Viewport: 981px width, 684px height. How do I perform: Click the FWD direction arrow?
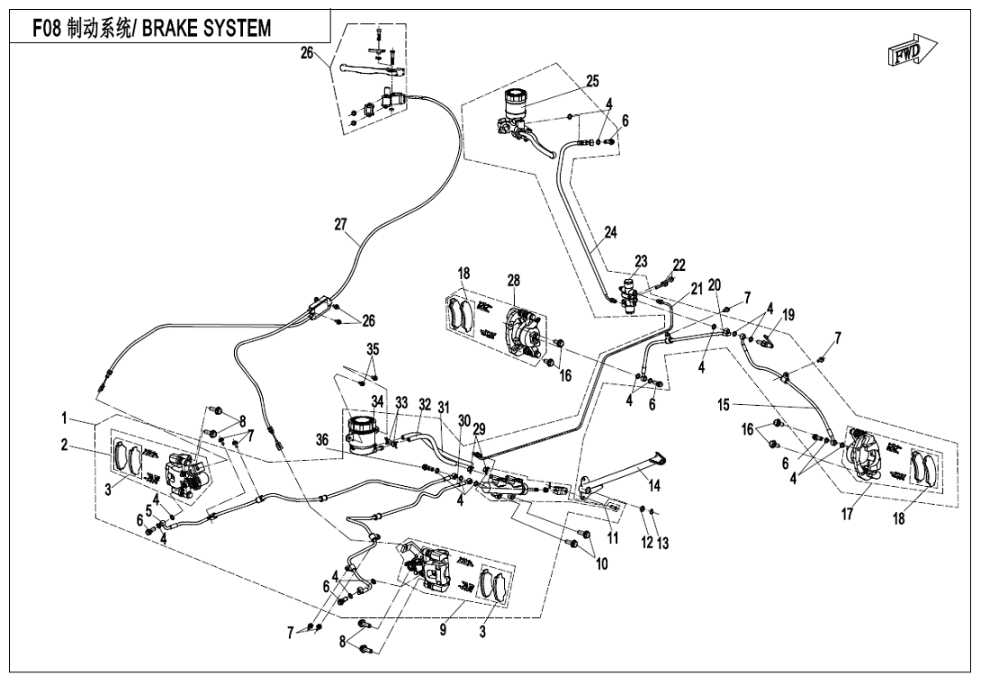click(912, 50)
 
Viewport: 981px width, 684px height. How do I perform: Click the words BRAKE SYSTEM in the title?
click(206, 28)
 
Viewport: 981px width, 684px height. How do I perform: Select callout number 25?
click(592, 81)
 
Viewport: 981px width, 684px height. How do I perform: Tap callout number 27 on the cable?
click(340, 224)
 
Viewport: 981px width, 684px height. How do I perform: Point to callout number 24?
click(610, 232)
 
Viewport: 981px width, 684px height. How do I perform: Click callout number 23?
click(642, 262)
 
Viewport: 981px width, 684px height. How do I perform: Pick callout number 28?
click(514, 281)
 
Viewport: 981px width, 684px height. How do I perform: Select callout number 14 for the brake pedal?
click(654, 486)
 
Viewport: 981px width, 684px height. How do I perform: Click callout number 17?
click(847, 515)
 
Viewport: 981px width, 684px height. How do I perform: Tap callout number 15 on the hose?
click(724, 406)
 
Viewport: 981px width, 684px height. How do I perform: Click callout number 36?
click(321, 440)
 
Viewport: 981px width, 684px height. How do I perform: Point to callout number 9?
click(443, 630)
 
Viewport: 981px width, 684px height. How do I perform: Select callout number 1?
click(64, 417)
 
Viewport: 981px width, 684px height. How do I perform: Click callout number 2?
click(64, 445)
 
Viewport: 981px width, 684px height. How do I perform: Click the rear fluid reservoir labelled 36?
click(361, 432)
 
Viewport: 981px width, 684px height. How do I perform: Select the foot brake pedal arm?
click(622, 472)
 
